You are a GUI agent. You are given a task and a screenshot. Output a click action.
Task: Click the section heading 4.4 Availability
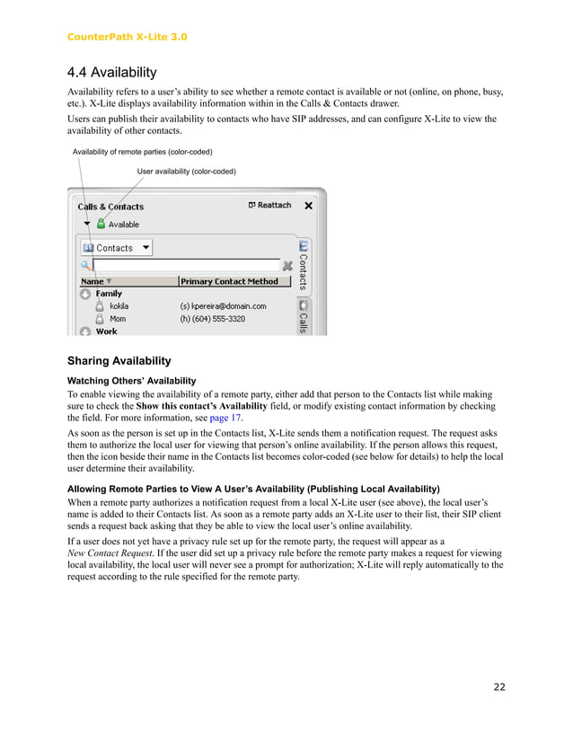coord(111,72)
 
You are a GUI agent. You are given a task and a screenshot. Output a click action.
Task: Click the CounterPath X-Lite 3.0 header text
coord(127,37)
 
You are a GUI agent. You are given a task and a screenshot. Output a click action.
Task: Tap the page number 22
coord(499,687)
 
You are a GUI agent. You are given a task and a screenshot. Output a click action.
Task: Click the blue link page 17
coord(225,417)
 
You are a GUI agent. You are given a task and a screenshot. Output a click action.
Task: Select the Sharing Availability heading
coord(119,361)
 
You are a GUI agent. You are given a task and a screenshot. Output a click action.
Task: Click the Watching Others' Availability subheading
coord(131,381)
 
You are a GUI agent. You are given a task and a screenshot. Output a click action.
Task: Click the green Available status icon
coord(101,224)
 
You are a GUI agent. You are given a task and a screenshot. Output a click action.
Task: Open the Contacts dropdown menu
coord(116,248)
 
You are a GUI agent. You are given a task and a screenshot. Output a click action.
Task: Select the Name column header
coord(92,281)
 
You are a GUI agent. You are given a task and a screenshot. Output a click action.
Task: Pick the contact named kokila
coord(119,306)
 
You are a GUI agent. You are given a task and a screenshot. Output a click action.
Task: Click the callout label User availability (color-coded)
coord(186,171)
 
